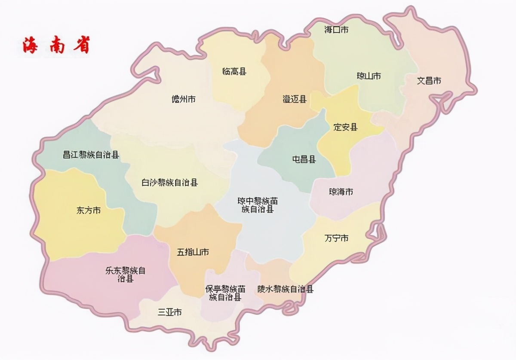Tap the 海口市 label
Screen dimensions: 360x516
point(336,30)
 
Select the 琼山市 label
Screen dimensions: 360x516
point(369,76)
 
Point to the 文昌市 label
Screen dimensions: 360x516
point(429,80)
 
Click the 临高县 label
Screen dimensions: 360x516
point(234,71)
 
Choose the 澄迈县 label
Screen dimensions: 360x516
point(295,99)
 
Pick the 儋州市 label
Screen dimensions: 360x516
point(184,99)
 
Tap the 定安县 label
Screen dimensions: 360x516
point(346,127)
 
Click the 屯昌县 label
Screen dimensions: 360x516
point(304,159)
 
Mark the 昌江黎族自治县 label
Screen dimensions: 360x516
point(91,155)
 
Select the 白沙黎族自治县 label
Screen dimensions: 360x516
point(170,183)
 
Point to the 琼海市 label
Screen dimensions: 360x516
point(341,192)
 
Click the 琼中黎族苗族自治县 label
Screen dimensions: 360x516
point(258,205)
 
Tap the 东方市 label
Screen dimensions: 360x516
point(89,211)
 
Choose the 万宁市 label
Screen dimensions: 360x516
point(336,238)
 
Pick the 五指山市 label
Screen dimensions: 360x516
point(193,252)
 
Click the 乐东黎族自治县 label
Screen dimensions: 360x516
point(125,275)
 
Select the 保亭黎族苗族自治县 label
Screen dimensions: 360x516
point(225,293)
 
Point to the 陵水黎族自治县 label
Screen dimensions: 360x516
point(286,289)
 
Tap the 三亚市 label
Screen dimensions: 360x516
point(169,312)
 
